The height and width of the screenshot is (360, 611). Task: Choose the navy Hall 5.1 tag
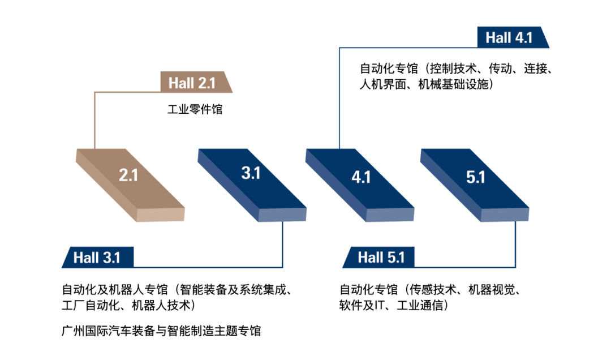381,258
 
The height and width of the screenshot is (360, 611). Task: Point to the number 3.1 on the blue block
251,173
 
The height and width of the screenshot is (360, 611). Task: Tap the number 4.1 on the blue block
361,177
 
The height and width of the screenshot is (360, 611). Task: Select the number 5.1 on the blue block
476,177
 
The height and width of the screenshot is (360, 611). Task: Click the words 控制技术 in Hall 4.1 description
452,69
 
